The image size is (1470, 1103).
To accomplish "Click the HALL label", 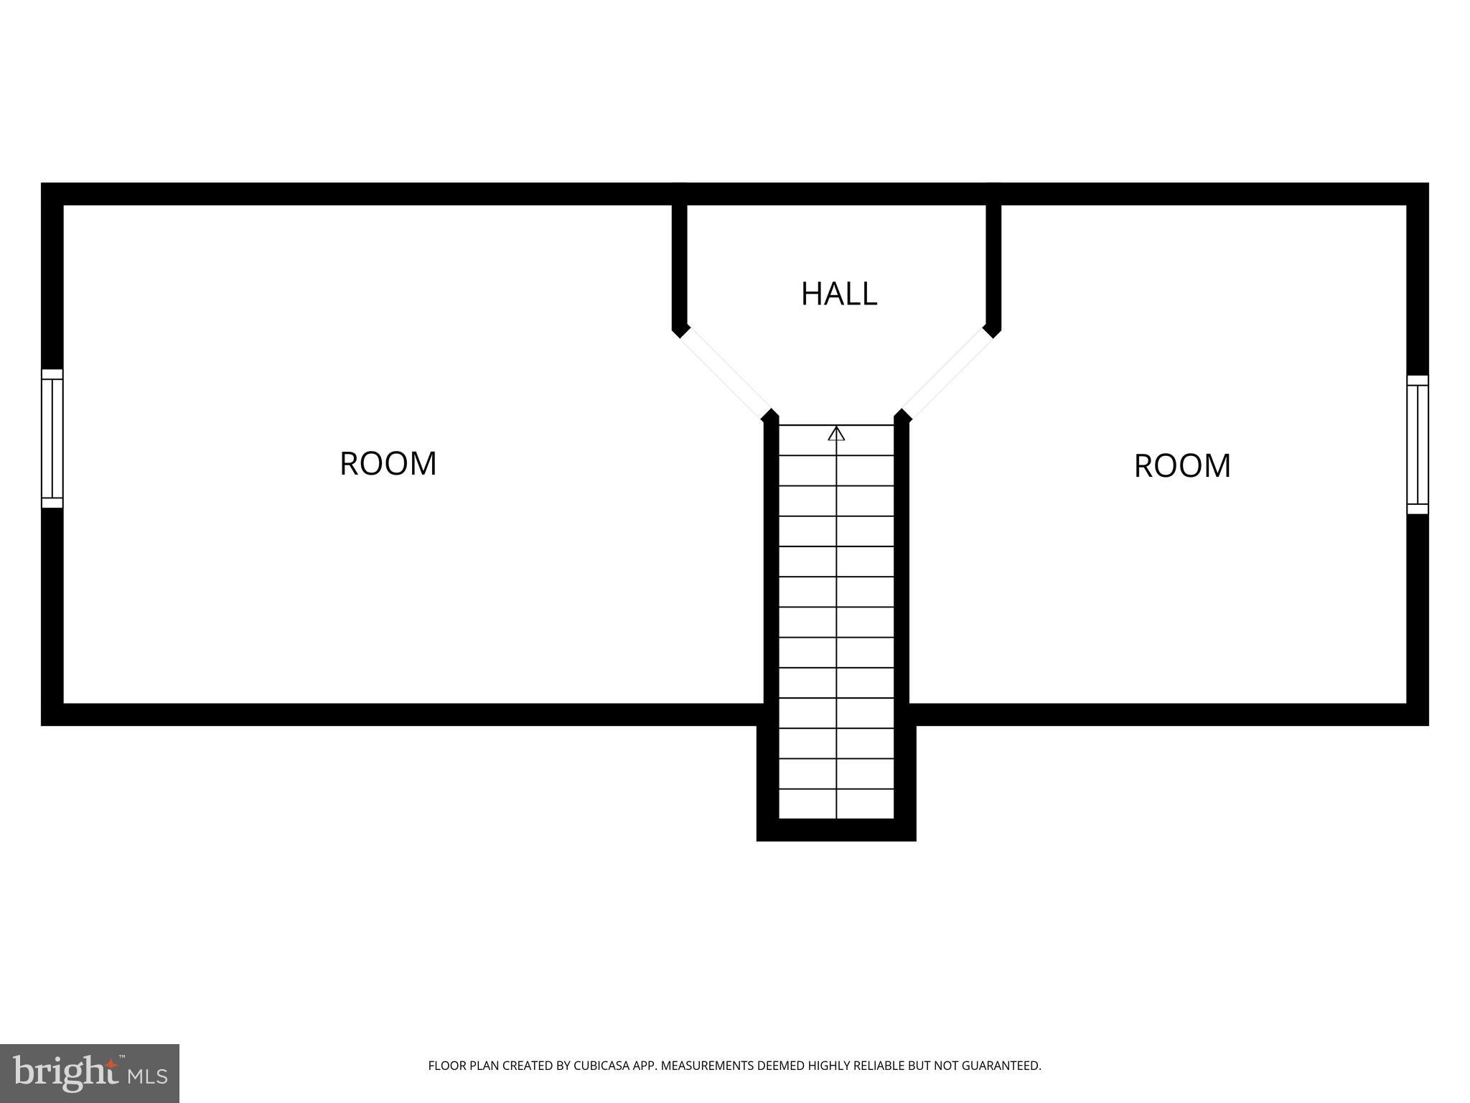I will pos(838,294).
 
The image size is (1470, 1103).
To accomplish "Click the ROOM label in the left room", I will pos(388,464).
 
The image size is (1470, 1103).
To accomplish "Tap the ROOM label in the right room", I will pos(1182,466).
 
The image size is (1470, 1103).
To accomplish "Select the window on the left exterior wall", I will pos(52,438).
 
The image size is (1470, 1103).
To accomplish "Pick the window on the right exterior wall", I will pos(1417,445).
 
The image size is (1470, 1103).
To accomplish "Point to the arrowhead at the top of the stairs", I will pos(836,434).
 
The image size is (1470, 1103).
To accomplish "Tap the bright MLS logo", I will pos(90,1073).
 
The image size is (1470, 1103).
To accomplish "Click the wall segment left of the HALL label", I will pos(679,266).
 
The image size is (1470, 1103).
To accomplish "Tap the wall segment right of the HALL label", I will pos(993,266).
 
